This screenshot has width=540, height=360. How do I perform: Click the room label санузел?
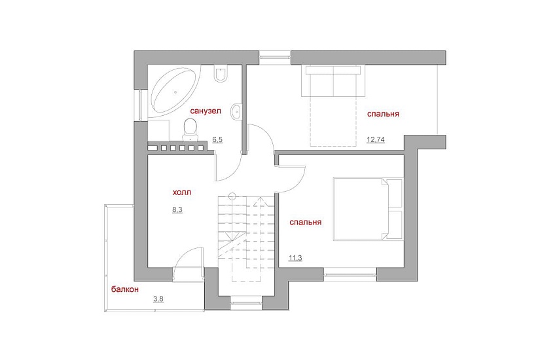pos(206,111)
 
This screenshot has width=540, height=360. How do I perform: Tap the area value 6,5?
pos(217,139)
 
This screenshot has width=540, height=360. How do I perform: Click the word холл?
pos(181,192)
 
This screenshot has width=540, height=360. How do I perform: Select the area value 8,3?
pos(177,209)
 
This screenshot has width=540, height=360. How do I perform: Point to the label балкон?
pos(124,289)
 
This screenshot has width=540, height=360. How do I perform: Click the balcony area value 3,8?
pos(158,298)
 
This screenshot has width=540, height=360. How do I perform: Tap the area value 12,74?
pos(376,139)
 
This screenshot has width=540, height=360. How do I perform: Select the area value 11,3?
pos(295,258)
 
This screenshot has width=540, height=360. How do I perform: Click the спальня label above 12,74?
pos(383,114)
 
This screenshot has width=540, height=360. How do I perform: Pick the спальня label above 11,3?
pos(306,222)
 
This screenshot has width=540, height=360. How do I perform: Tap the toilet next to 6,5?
pos(190,130)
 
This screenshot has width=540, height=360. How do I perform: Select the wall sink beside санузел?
pos(236,111)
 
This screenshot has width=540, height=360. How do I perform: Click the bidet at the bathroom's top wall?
pos(221,73)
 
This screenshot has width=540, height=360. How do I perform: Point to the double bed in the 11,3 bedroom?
pos(368,209)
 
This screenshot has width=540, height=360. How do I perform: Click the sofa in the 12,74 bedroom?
pos(333,81)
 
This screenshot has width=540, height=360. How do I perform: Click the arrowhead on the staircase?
pos(261,201)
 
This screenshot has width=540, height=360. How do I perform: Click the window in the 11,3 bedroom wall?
pos(350,274)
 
